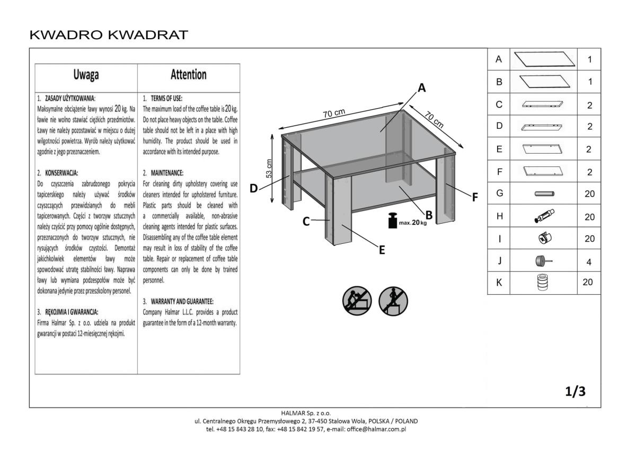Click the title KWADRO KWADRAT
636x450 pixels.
click(x=109, y=35)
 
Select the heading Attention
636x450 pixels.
click(x=189, y=75)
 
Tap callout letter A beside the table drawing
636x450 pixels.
click(x=422, y=89)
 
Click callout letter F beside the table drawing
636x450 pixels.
click(x=475, y=197)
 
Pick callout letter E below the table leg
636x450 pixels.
click(x=382, y=251)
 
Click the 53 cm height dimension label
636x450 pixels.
click(x=269, y=167)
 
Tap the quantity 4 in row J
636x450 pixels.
click(x=589, y=261)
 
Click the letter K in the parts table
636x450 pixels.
click(x=499, y=283)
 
